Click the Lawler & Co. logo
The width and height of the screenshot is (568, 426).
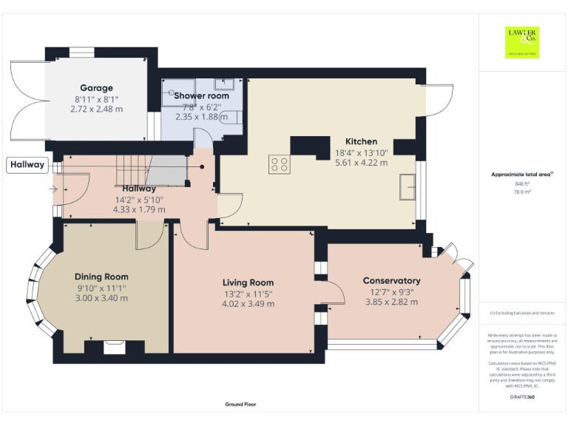pos(522,41)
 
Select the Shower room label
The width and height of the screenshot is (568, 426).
pos(201,95)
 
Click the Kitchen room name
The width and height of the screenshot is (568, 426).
pos(361,141)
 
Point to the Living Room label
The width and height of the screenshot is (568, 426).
pos(248,283)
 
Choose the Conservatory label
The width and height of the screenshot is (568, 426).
pos(391,280)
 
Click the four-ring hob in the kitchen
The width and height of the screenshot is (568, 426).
pos(280,164)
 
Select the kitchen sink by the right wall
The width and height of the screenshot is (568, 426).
pos(407,187)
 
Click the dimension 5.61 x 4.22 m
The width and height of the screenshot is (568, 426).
pos(361,163)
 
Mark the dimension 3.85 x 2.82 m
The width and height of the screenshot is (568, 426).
pos(391,301)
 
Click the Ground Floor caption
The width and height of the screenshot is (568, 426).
pos(240,405)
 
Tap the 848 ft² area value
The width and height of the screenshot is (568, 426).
pos(522,183)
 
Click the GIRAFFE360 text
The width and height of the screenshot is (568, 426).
pos(522,398)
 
